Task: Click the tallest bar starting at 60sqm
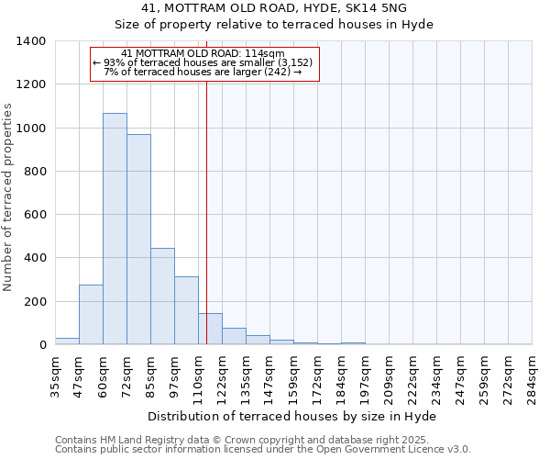click(x=115, y=229)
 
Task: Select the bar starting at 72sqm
click(x=138, y=240)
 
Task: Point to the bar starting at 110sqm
click(x=210, y=329)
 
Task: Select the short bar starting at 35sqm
click(x=67, y=341)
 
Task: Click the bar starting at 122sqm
click(x=234, y=336)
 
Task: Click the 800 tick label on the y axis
click(x=34, y=172)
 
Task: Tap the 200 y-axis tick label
click(x=34, y=302)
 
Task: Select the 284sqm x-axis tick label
click(x=531, y=375)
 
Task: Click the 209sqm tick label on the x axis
click(x=389, y=375)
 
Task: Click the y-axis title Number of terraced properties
click(x=9, y=197)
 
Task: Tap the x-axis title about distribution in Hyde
click(x=291, y=417)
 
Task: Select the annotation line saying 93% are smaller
click(x=203, y=62)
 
